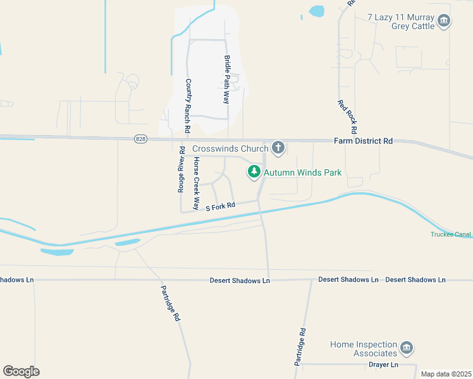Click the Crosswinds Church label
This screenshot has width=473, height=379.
230,148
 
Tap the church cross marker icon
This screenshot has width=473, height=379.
277,148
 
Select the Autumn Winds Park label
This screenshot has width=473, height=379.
302,172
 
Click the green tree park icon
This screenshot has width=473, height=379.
254,171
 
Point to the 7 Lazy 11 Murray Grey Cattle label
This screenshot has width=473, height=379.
401,21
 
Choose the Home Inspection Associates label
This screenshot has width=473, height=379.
364,349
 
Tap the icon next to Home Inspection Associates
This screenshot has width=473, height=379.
407,349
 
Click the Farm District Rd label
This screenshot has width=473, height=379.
363,141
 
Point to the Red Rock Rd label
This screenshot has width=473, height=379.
348,116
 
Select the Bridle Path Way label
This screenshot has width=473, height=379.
226,79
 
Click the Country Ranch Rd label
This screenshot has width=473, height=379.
188,105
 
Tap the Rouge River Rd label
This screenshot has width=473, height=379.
181,169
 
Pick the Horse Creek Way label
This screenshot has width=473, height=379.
197,184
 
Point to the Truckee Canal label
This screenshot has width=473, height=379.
451,235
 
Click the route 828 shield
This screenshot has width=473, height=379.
140,139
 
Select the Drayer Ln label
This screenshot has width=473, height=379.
383,365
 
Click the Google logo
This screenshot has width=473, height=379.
21,371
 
